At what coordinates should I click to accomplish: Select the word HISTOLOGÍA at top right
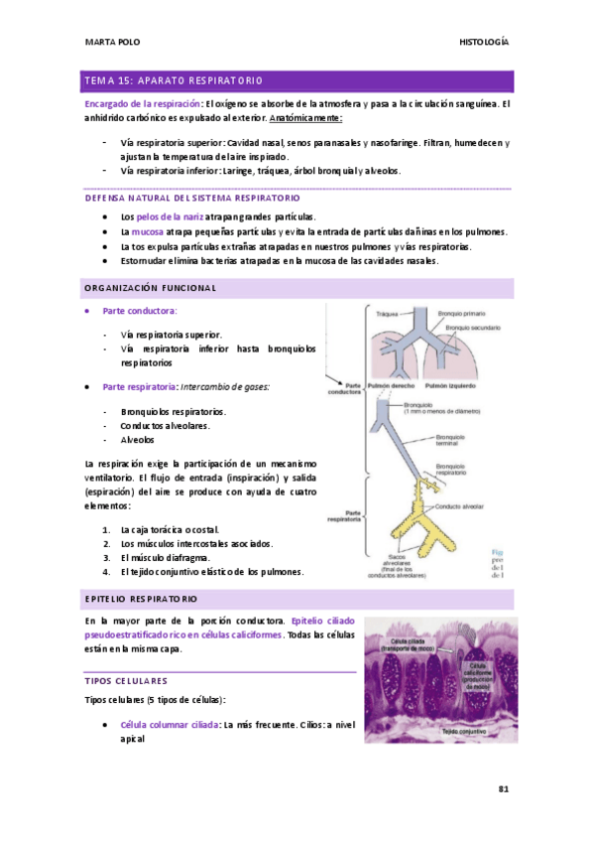point(484,42)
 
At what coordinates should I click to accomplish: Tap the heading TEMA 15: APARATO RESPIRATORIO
point(173,80)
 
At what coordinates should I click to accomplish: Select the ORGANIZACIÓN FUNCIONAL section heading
point(150,288)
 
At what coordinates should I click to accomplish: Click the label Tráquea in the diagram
point(388,314)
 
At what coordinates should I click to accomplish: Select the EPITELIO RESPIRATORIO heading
point(143,599)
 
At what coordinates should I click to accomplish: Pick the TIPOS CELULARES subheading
point(126,681)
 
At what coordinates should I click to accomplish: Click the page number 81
point(503,789)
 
